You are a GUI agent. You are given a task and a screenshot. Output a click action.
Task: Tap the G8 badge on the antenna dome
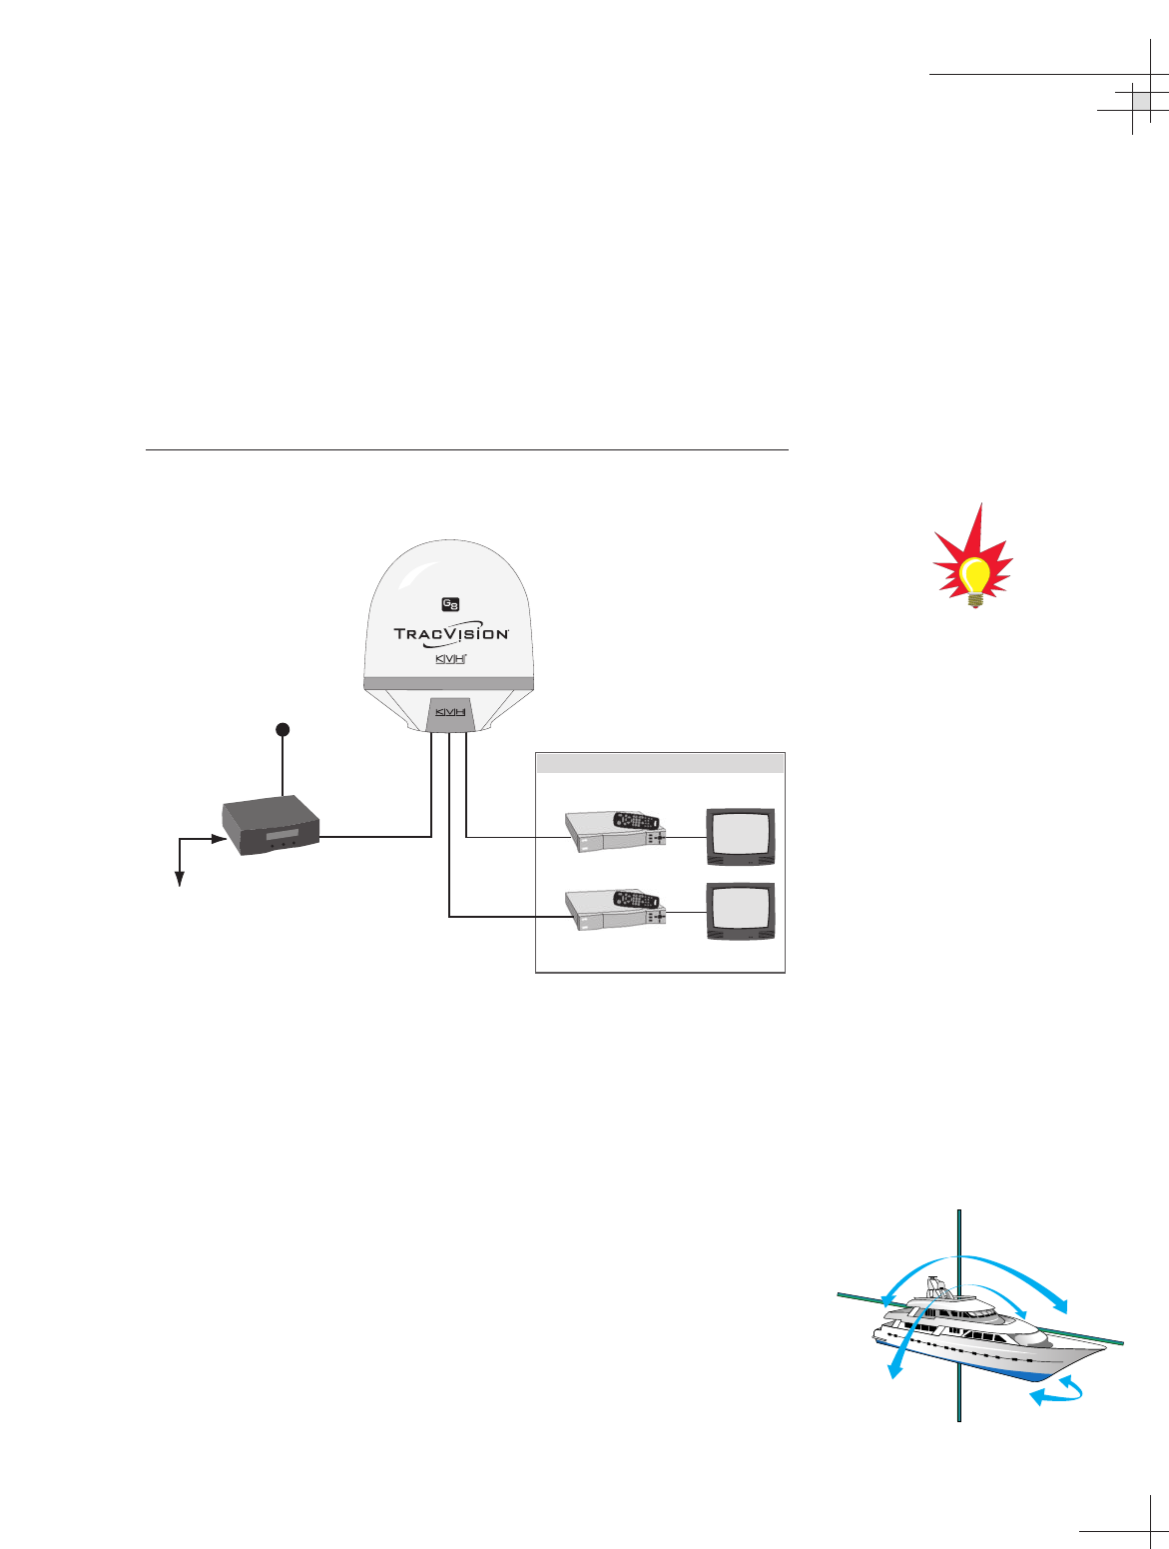pos(450,604)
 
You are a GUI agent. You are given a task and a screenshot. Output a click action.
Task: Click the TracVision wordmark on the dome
pos(451,634)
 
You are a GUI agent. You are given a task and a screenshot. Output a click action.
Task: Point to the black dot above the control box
pos(284,730)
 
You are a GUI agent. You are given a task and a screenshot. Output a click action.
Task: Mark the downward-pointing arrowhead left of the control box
pos(181,879)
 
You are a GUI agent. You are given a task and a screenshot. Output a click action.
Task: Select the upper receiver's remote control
pos(637,819)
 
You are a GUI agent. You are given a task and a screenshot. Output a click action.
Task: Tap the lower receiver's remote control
pos(637,897)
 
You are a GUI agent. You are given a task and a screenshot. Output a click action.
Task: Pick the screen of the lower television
pos(740,908)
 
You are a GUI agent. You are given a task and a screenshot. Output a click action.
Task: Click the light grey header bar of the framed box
pos(660,764)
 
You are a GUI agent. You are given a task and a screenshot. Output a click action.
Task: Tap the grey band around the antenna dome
pos(448,683)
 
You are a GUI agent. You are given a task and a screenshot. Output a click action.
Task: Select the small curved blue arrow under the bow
pos(1058,1392)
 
